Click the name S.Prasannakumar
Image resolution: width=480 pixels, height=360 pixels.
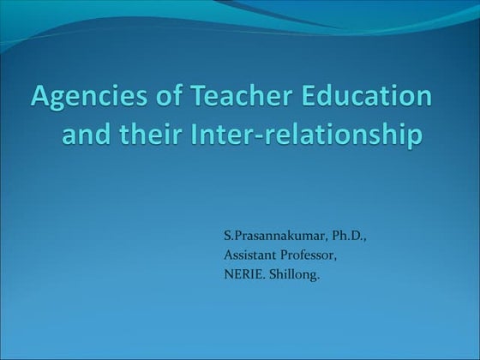click(268, 234)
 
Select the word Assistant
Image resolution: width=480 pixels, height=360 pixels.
click(250, 255)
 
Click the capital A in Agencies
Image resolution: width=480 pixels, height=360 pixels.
click(39, 98)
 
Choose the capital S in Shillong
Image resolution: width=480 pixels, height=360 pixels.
click(275, 274)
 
